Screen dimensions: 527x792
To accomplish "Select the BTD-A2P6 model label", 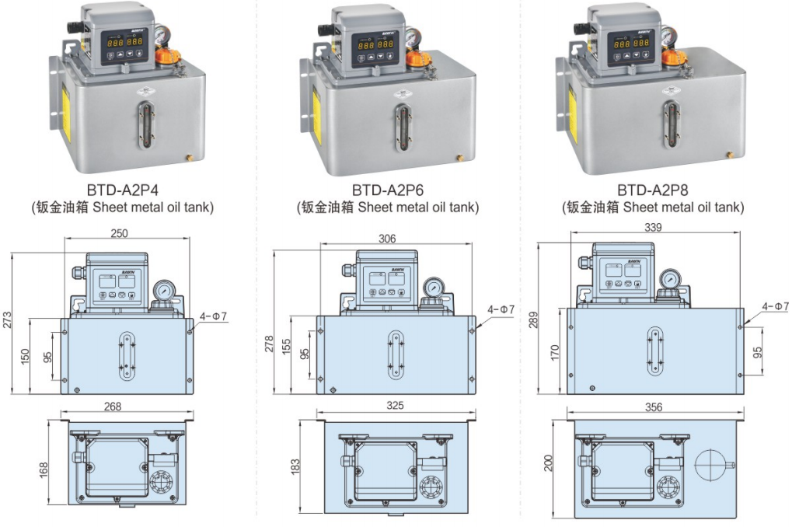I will pos(388,189).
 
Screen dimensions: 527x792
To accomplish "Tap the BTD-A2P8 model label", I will pos(653,189).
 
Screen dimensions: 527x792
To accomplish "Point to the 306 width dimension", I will pos(388,239).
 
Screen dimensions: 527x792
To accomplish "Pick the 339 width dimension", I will pos(653,227).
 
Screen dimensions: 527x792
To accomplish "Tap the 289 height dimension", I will pos(535,319).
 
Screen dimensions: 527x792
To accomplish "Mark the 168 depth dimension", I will pos(44,468).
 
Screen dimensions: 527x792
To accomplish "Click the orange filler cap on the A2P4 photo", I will pos(168,58).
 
